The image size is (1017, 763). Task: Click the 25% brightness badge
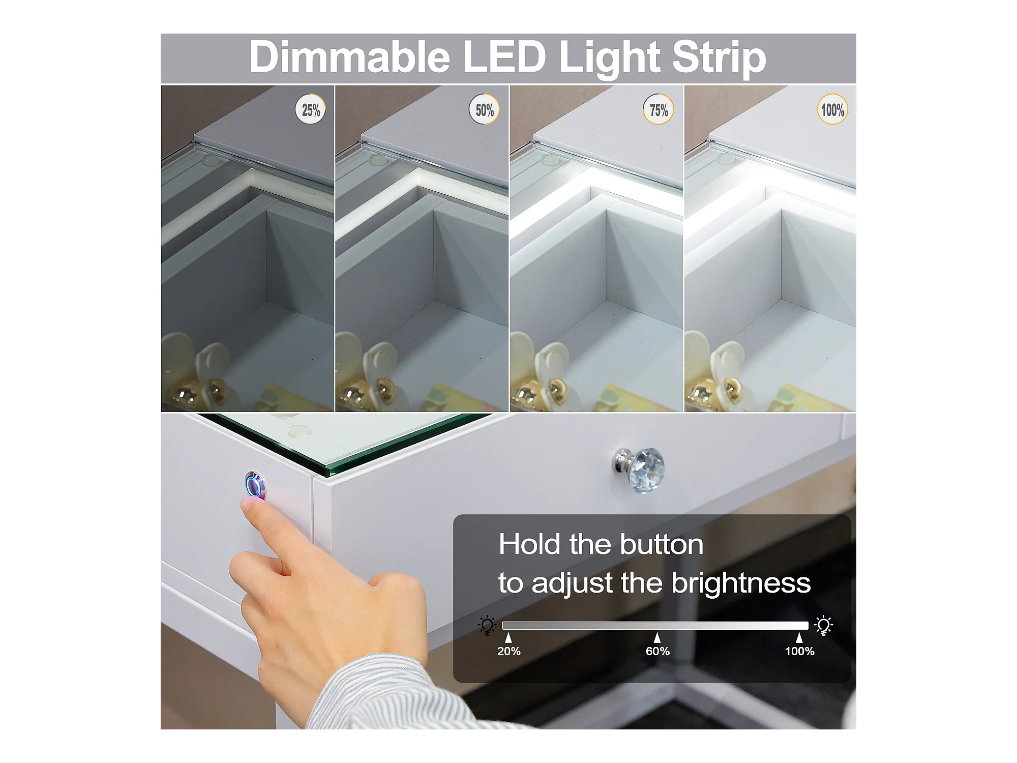pos(311,109)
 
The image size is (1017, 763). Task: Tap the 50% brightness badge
pos(484,109)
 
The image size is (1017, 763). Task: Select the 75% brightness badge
pos(659,109)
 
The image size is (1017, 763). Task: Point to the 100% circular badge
pos(832,109)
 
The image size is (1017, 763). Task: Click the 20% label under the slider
pos(508,651)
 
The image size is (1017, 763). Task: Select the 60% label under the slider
pos(657,651)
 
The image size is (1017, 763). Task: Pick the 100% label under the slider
pos(799,651)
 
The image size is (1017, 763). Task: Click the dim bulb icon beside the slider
pos(487,625)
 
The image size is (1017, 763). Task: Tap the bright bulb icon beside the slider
pos(823,625)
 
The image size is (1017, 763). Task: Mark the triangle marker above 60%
pos(657,638)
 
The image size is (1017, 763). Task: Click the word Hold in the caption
pos(530,544)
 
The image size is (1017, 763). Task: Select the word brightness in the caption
pos(741,583)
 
